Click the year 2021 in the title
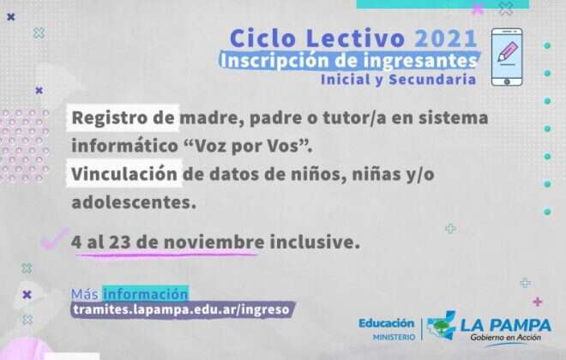pyautogui.click(x=446, y=39)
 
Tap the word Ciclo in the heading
pyautogui.click(x=259, y=39)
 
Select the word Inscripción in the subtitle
pyautogui.click(x=268, y=61)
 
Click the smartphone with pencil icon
pyautogui.click(x=508, y=57)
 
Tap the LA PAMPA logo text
pyautogui.click(x=506, y=326)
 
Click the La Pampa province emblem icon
pyautogui.click(x=442, y=327)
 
